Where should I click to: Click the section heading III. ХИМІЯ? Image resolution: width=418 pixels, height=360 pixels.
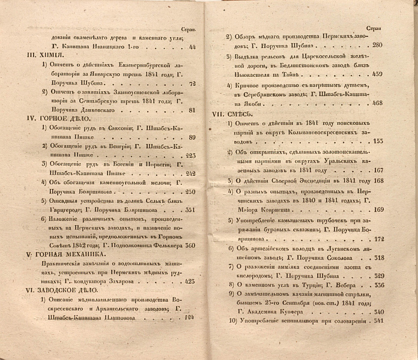[40, 55]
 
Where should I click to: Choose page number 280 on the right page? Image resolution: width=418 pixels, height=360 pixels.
[377, 46]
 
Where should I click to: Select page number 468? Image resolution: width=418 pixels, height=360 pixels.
[377, 103]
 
